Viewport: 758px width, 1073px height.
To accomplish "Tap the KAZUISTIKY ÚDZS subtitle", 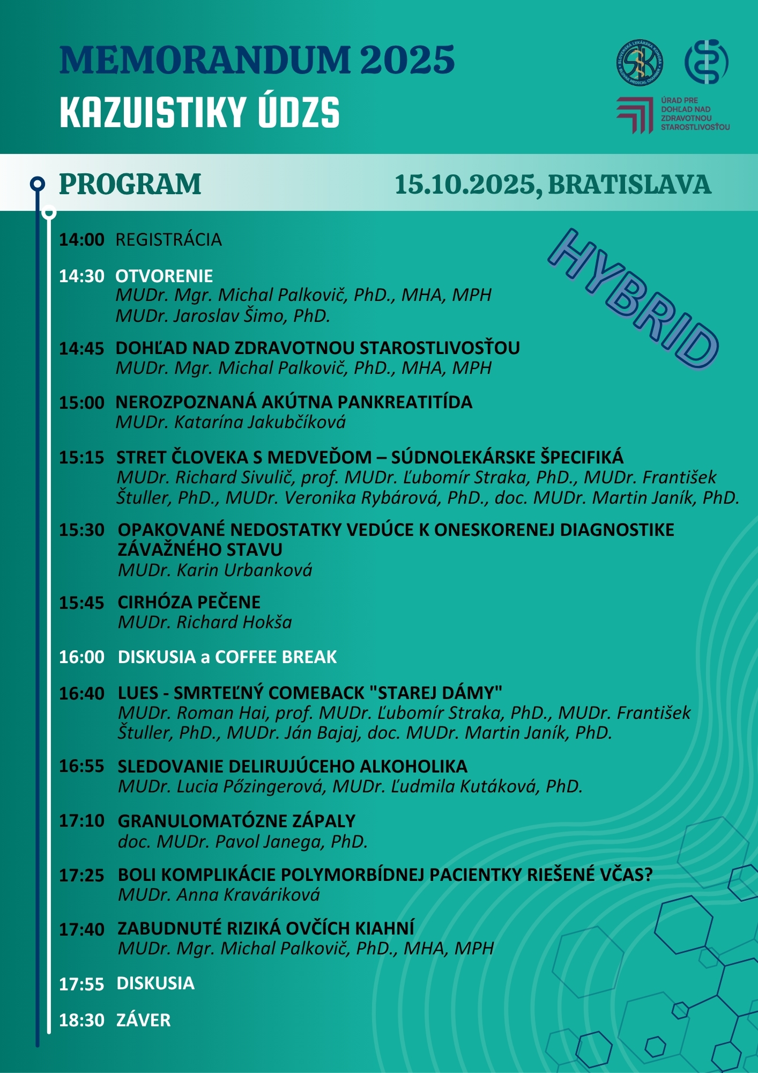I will point(199,113).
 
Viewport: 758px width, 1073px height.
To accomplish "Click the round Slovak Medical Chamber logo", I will point(640,62).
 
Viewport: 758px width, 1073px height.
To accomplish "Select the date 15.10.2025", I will point(465,185).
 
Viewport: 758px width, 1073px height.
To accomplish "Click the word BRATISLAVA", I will point(629,185).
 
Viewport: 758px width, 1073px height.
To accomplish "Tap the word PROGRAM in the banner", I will point(130,185).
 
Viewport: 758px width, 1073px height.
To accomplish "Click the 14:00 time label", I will point(81,240).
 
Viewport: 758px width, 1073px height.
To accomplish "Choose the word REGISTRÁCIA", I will point(169,240).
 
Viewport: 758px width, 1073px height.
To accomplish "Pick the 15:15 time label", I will point(81,458).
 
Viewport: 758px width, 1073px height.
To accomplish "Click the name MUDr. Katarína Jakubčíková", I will point(231,423).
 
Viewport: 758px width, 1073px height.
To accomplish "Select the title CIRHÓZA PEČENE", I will point(189,602).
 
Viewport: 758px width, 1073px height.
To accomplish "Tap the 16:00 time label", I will point(81,657).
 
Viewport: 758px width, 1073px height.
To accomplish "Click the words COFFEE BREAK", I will point(276,657).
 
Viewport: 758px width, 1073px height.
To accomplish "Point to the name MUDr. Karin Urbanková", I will point(215,570).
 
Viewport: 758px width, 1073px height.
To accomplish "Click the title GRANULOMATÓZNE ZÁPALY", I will point(236,821).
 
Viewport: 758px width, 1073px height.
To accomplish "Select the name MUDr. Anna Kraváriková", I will point(219,895).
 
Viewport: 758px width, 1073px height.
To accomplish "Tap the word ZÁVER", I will point(144,1020).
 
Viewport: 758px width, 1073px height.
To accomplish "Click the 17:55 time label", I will point(81,984).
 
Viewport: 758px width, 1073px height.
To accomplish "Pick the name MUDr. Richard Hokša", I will point(205,622).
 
